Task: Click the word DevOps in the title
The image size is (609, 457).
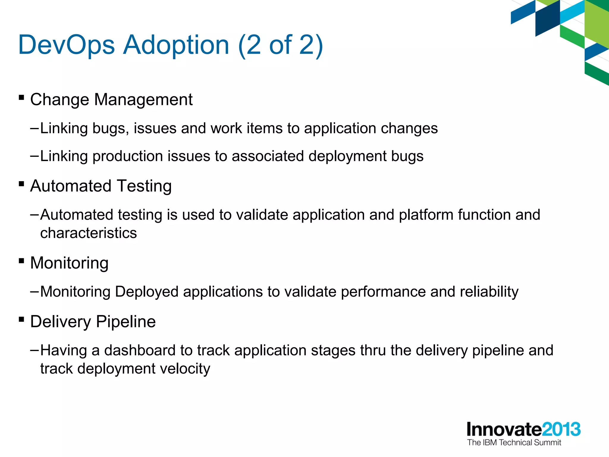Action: tap(66, 45)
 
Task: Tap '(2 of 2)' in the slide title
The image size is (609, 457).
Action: tap(280, 45)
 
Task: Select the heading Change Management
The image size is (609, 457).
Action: tap(111, 99)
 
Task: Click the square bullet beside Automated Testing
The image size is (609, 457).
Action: tap(21, 184)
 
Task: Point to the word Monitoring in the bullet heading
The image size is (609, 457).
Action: tap(69, 263)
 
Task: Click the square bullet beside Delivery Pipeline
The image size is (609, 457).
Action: tap(21, 320)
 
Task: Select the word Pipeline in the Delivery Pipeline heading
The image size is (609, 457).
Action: tap(126, 322)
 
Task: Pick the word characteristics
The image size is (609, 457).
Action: tap(89, 233)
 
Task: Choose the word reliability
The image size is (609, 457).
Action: tap(489, 292)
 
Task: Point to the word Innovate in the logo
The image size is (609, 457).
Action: tap(504, 429)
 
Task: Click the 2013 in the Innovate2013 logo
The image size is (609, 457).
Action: tap(561, 429)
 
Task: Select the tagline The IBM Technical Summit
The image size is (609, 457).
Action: tap(514, 443)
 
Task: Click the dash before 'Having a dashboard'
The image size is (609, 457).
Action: tap(34, 350)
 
